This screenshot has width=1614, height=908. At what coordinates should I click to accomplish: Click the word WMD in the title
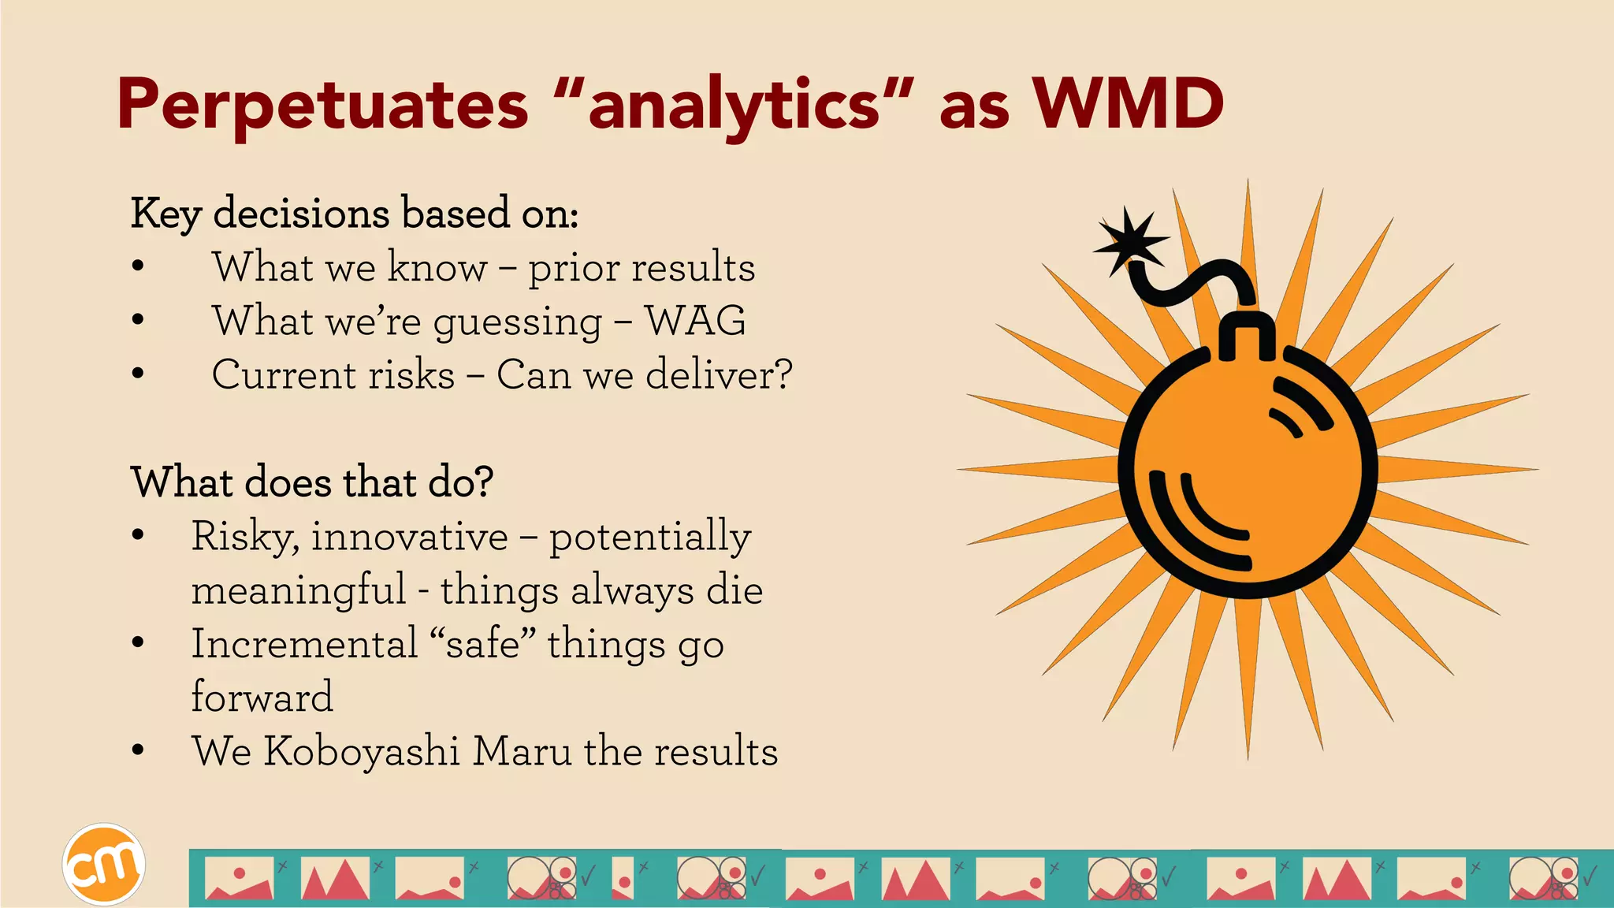[x=1129, y=104]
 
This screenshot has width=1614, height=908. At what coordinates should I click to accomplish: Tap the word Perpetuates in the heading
[x=322, y=106]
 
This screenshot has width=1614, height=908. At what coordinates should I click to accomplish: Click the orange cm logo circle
[x=103, y=865]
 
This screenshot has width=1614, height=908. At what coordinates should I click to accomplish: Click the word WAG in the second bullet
[x=695, y=321]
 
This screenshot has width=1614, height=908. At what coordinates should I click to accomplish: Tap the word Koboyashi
[x=362, y=750]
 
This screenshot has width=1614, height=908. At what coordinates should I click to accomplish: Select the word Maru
[x=522, y=750]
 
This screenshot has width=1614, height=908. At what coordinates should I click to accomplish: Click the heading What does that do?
[x=312, y=482]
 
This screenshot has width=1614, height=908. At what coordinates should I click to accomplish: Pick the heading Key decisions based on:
[x=355, y=213]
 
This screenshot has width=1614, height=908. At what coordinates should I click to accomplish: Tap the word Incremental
[x=304, y=643]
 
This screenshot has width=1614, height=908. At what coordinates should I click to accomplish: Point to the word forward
[x=262, y=697]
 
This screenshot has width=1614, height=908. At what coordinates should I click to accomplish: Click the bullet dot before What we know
[x=138, y=266]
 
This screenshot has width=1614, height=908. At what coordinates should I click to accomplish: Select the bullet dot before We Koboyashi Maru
[x=138, y=750]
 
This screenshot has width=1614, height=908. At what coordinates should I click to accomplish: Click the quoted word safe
[x=482, y=643]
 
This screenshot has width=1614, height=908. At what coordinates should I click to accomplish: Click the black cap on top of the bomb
[x=1247, y=335]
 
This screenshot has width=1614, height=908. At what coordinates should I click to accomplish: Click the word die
[x=734, y=590]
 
